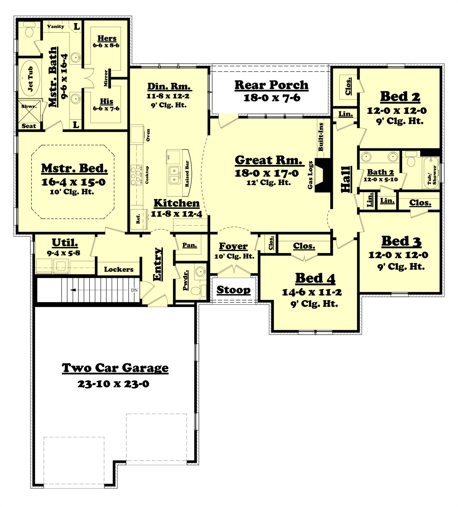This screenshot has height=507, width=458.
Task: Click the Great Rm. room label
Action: tap(269, 160)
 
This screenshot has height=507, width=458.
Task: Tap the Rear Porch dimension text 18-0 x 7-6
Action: tap(272, 98)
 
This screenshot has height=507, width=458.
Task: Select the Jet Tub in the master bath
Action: tap(30, 79)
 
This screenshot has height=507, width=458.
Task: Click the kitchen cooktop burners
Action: tap(136, 174)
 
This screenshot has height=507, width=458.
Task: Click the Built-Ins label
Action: tap(321, 137)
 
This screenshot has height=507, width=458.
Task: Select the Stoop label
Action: tap(233, 290)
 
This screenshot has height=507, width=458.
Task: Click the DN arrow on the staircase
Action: tap(74, 290)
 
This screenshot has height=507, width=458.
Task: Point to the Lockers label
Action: tap(118, 269)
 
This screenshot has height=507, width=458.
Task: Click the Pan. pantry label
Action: tap(190, 245)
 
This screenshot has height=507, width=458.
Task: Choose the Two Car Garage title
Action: tap(115, 368)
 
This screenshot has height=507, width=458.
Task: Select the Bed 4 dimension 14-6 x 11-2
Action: tap(312, 292)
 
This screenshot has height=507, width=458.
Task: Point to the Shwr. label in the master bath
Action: tap(29, 106)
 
